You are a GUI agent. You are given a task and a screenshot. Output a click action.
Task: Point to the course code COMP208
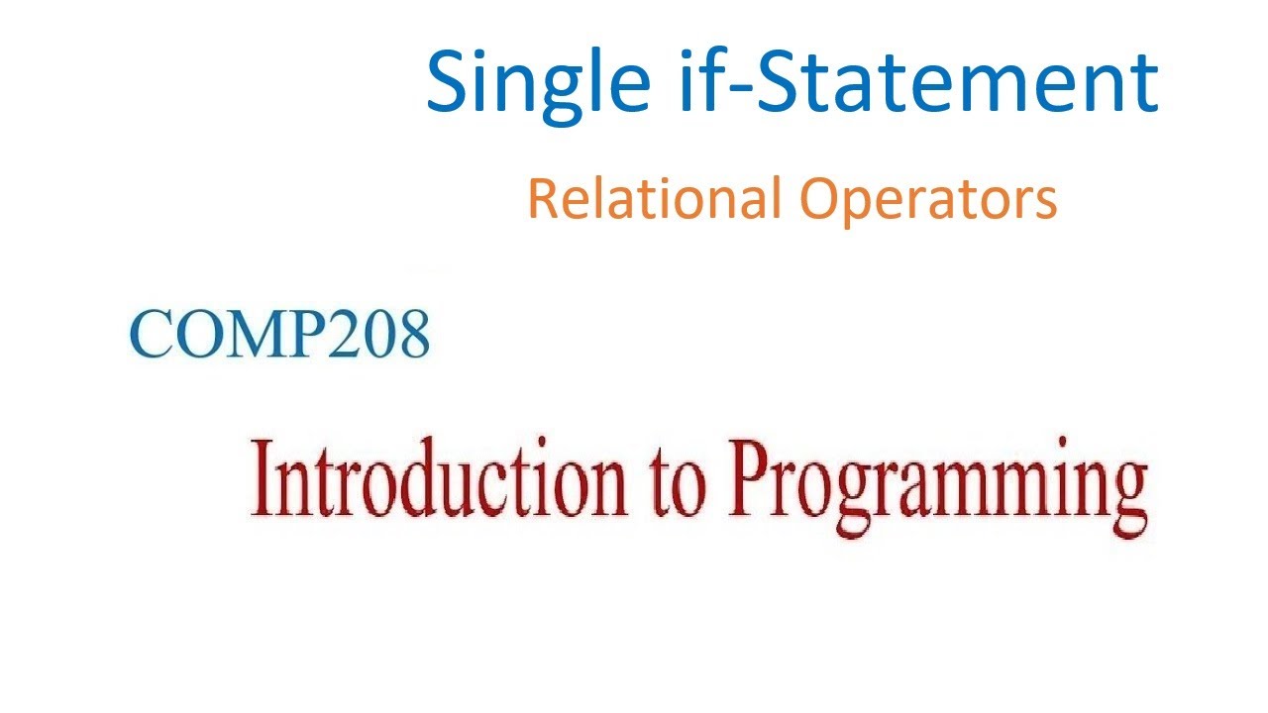click(x=280, y=335)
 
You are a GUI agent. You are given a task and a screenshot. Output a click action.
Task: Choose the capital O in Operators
click(x=822, y=198)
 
